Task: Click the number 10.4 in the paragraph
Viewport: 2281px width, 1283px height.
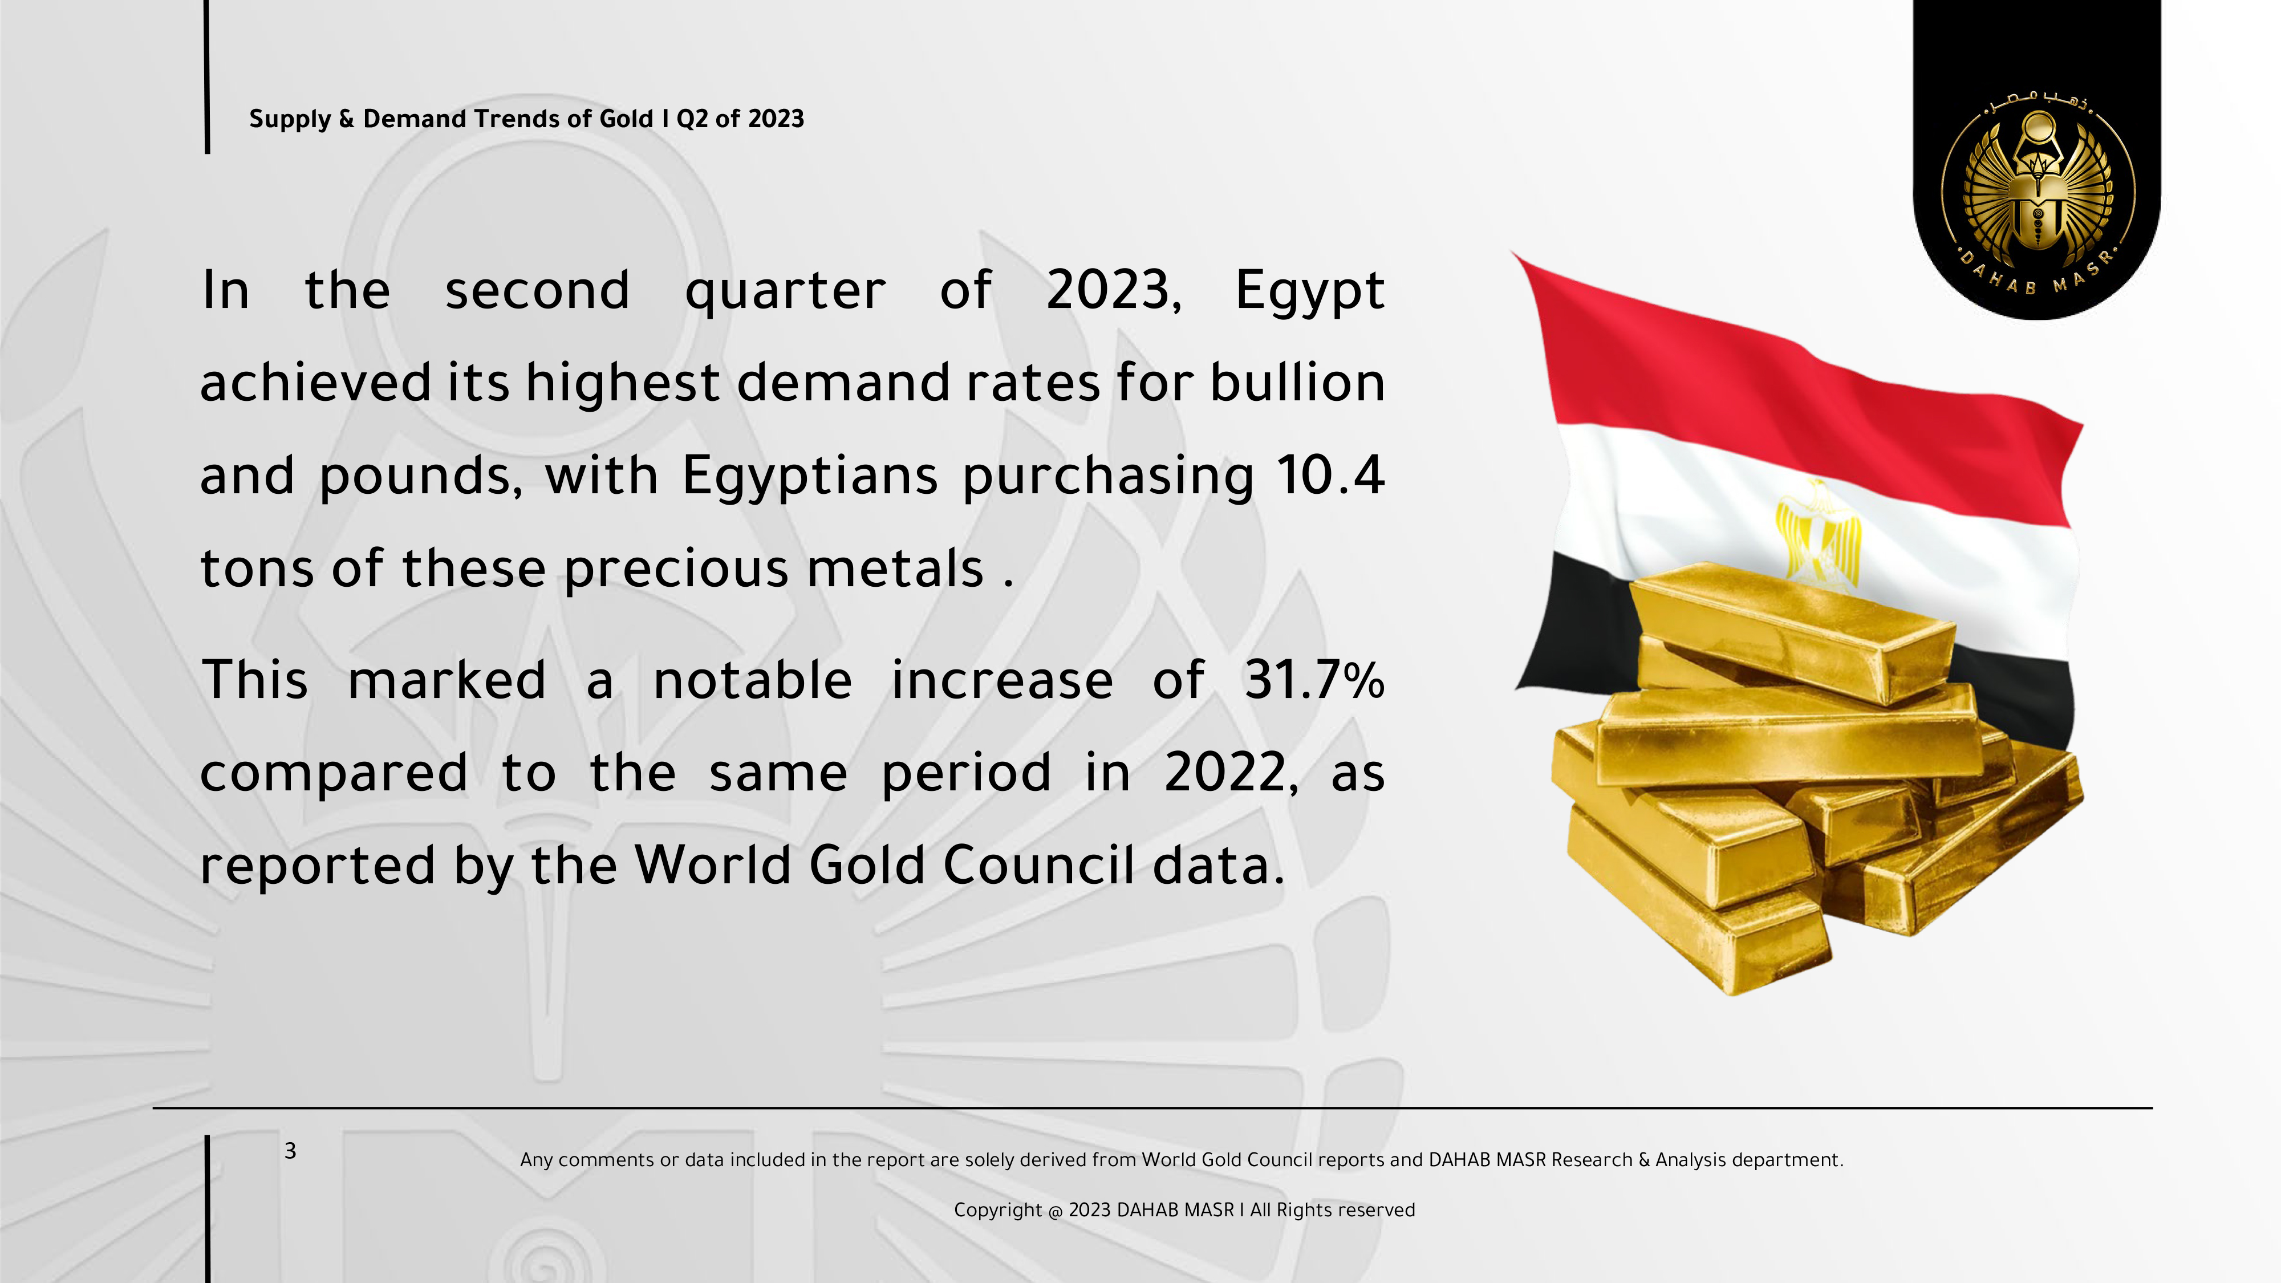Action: (1331, 476)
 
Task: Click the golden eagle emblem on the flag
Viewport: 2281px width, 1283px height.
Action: (1818, 535)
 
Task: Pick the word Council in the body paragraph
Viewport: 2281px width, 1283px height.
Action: (1038, 864)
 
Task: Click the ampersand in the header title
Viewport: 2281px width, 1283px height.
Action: (346, 119)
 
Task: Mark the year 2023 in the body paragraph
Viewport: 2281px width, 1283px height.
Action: (1114, 291)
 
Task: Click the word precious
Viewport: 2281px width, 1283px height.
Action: (676, 569)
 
